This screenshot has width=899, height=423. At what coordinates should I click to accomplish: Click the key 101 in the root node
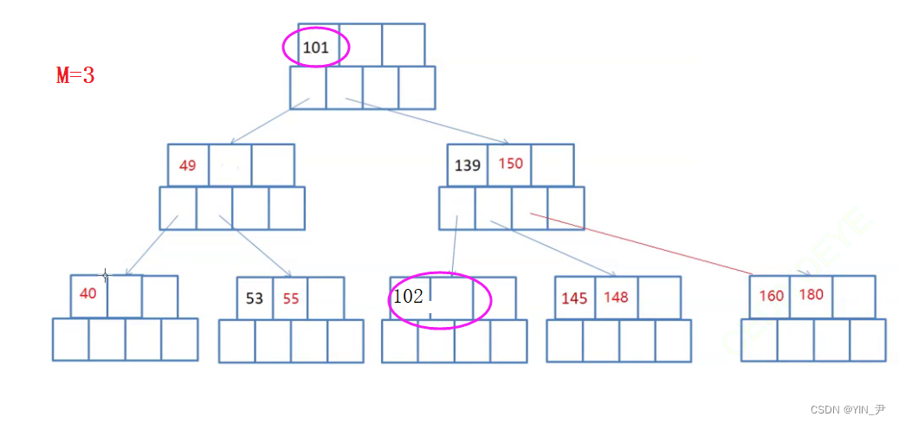coord(315,48)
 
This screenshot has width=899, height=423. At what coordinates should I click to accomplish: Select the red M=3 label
coord(75,76)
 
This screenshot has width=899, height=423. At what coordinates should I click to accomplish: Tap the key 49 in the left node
coord(188,165)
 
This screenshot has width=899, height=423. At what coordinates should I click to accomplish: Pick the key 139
coord(467,165)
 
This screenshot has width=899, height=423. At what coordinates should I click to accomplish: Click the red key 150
coord(510,163)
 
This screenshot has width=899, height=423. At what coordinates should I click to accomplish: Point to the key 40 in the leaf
coord(88,293)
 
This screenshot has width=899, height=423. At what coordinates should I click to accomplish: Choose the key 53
coord(255,298)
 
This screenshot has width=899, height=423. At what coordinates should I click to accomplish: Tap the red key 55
coord(290,298)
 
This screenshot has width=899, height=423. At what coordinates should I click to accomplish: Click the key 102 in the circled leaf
coord(408,296)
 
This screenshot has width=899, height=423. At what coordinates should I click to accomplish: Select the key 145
coord(574,298)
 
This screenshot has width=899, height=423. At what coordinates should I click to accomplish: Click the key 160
coord(771,296)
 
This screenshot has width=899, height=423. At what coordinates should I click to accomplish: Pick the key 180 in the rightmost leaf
coord(812,295)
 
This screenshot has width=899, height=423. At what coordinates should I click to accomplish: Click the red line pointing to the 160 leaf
coord(641,243)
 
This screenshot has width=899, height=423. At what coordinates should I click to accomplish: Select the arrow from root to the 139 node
coord(429,121)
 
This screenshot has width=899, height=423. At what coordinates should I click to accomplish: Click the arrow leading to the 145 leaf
coord(554,248)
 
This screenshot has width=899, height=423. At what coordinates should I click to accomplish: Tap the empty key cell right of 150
coord(553,164)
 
